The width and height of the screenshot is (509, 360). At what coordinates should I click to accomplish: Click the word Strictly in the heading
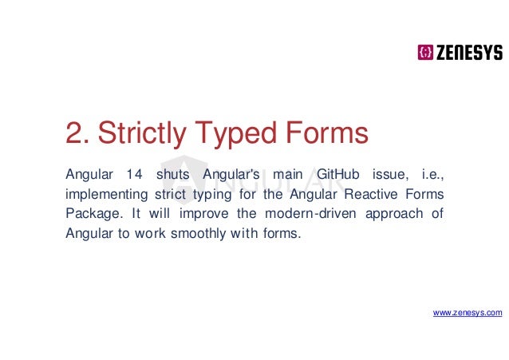pos(144,134)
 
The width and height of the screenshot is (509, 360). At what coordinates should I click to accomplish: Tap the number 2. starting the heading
pos(76,134)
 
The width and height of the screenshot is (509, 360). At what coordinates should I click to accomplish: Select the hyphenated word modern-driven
pos(318,214)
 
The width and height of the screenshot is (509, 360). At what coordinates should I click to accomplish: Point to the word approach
pos(396,214)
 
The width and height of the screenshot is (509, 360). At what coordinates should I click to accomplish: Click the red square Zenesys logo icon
pos(425,53)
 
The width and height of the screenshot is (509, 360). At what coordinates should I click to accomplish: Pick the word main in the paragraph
pos(286,174)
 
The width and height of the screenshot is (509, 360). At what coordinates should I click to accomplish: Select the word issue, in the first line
pos(388,174)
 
